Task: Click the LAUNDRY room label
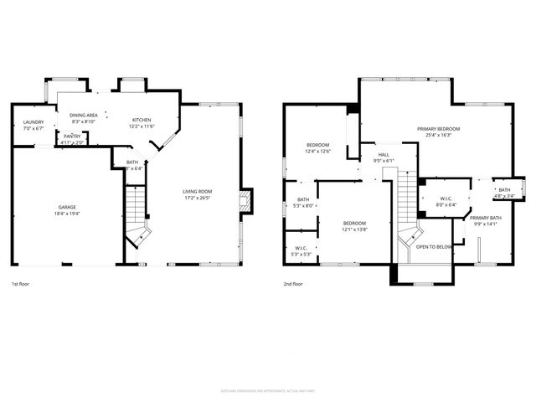point(33,123)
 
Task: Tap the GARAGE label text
point(66,207)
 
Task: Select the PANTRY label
point(72,137)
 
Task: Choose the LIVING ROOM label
point(198,192)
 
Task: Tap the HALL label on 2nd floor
point(384,155)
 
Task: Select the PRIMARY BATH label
point(485,218)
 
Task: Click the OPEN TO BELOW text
point(434,247)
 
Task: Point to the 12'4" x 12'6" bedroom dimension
point(317,152)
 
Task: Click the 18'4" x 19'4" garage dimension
point(66,214)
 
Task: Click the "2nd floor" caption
point(293,284)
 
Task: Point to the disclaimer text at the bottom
point(267,390)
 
